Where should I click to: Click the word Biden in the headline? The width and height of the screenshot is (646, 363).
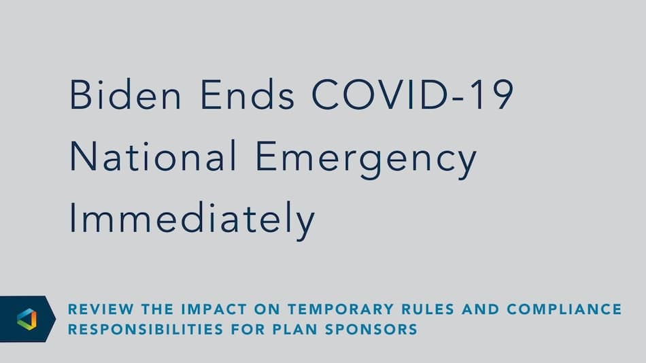pyautogui.click(x=126, y=94)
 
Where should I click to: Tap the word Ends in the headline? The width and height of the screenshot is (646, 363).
pyautogui.click(x=248, y=94)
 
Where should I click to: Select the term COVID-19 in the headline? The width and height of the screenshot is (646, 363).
pyautogui.click(x=413, y=94)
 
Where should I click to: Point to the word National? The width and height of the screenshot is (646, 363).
pyautogui.click(x=153, y=156)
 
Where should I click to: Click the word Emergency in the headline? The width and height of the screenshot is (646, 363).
pyautogui.click(x=367, y=160)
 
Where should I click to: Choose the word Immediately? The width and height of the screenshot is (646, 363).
pyautogui.click(x=192, y=221)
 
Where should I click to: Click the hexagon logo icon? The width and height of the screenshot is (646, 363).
pyautogui.click(x=27, y=319)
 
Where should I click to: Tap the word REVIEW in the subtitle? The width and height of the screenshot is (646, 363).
pyautogui.click(x=101, y=309)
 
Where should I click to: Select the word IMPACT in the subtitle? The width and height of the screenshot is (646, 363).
pyautogui.click(x=214, y=309)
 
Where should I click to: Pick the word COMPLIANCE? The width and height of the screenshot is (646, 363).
pyautogui.click(x=564, y=309)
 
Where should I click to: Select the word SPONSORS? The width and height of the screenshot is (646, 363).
pyautogui.click(x=371, y=329)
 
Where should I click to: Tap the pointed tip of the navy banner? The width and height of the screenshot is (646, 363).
pyautogui.click(x=56, y=319)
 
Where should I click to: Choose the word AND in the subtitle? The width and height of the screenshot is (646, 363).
pyautogui.click(x=481, y=309)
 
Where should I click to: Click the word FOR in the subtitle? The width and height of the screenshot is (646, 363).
pyautogui.click(x=248, y=329)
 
